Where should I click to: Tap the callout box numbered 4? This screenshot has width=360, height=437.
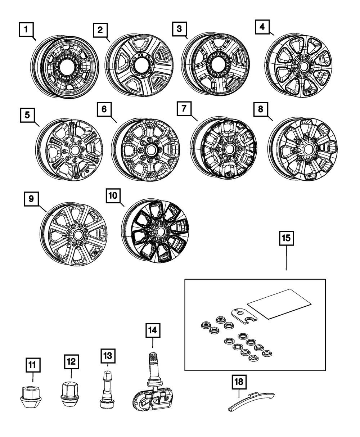coord(262,26)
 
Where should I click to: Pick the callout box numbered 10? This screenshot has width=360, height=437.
coord(113,195)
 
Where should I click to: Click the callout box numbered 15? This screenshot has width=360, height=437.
coord(286,238)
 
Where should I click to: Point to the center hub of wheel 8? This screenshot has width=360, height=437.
coord(308,149)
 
